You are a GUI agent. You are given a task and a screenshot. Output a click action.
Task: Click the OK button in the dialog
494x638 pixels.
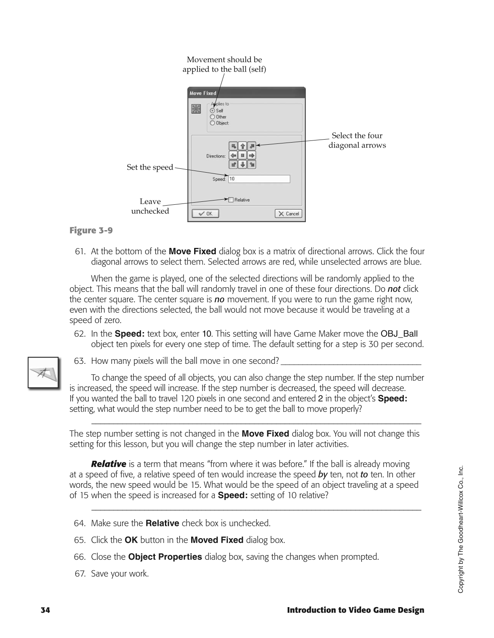(x=205, y=214)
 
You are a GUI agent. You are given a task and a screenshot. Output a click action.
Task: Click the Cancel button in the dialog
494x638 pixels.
(x=288, y=214)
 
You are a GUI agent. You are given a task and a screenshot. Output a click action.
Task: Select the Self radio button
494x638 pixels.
(x=212, y=110)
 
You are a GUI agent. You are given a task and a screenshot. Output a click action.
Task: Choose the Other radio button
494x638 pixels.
(x=212, y=117)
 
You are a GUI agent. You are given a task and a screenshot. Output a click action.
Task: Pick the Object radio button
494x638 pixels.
(x=212, y=123)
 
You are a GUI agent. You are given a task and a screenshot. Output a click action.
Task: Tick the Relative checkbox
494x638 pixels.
(x=231, y=200)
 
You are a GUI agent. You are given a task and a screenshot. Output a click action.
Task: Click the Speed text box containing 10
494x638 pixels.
(x=259, y=179)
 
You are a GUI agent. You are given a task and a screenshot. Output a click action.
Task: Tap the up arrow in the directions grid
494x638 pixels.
(x=242, y=146)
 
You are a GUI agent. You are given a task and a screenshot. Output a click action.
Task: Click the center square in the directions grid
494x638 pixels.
(x=242, y=155)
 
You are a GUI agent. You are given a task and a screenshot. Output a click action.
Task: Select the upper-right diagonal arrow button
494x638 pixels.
(x=252, y=146)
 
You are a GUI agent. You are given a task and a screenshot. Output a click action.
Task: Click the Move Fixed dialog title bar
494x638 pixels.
(x=246, y=93)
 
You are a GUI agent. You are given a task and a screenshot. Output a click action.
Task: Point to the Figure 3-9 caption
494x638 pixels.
(x=91, y=231)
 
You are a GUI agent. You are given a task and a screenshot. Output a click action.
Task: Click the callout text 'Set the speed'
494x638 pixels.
(x=150, y=167)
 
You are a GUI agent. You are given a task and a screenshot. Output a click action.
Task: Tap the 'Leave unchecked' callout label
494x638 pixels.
(x=150, y=206)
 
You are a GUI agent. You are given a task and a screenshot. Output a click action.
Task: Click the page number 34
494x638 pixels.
(x=45, y=610)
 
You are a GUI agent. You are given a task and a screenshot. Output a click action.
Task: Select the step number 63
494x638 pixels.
(x=80, y=361)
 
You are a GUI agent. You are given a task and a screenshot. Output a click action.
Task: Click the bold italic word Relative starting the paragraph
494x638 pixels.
(x=109, y=464)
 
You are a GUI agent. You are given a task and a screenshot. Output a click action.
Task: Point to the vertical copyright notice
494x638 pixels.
(x=461, y=529)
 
